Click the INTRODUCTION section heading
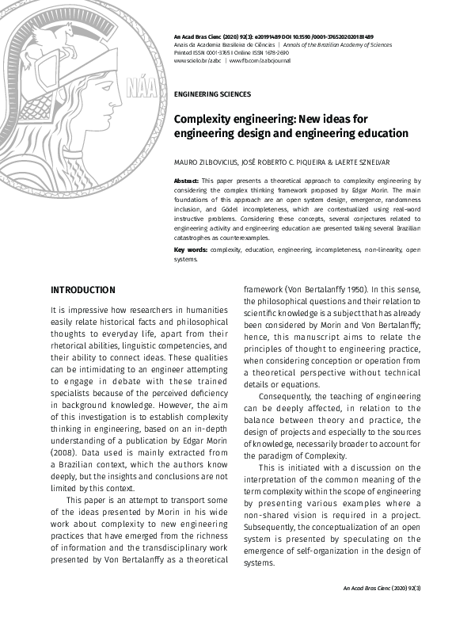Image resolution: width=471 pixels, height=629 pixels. (83, 290)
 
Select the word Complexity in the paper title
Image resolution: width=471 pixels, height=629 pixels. (207, 119)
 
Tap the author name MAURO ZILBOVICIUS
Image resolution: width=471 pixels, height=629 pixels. (207, 162)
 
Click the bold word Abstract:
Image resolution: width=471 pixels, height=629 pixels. (186, 181)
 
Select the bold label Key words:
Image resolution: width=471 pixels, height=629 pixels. (191, 250)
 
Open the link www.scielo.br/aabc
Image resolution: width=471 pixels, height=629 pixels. (197, 60)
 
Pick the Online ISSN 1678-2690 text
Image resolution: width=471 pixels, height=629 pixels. (269, 52)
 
